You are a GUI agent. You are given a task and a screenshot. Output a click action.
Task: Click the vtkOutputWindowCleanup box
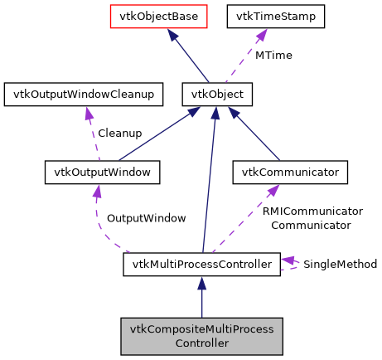pyautogui.click(x=80, y=95)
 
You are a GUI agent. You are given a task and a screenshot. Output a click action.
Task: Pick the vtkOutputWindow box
pyautogui.click(x=101, y=173)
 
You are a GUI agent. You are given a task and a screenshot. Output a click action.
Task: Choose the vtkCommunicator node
pyautogui.click(x=289, y=173)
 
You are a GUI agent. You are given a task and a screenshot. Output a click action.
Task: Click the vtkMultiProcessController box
pyautogui.click(x=201, y=265)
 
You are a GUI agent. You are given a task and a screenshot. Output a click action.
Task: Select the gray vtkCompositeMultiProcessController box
pyautogui.click(x=201, y=336)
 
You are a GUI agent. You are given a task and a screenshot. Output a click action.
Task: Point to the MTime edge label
pyautogui.click(x=273, y=55)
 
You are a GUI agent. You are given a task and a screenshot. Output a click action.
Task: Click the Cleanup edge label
pyautogui.click(x=119, y=133)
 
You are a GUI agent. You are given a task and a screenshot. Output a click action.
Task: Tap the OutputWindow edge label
pyautogui.click(x=146, y=217)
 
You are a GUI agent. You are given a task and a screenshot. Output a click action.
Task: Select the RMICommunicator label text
pyautogui.click(x=312, y=212)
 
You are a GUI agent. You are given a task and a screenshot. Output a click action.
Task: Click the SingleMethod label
pyautogui.click(x=340, y=265)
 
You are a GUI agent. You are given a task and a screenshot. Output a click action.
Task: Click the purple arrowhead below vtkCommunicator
pyautogui.click(x=272, y=191)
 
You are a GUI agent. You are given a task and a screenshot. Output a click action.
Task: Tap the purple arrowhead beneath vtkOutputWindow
pyautogui.click(x=97, y=192)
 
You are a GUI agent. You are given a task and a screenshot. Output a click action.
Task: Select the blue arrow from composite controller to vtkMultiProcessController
pyautogui.click(x=201, y=299)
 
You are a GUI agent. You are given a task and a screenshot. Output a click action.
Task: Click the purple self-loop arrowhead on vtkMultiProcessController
pyautogui.click(x=287, y=261)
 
